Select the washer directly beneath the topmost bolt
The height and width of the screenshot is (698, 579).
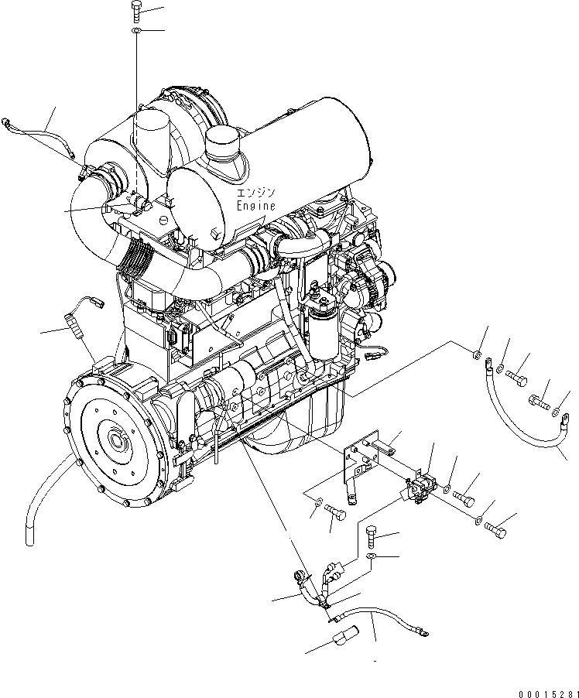coord(136,31)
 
